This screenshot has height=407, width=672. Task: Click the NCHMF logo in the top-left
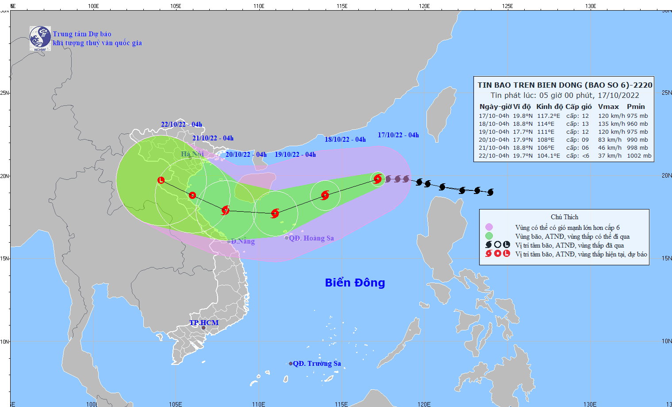click(40, 38)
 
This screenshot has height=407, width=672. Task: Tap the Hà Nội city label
click(192, 154)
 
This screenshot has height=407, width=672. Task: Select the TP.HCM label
click(204, 323)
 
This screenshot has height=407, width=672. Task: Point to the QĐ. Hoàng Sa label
click(311, 238)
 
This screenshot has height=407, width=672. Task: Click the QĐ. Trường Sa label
click(317, 364)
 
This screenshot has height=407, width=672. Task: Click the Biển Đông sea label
click(355, 283)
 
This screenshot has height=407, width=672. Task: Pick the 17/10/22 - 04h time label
click(398, 135)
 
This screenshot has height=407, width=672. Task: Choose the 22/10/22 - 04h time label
click(181, 124)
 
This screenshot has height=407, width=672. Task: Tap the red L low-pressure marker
click(161, 180)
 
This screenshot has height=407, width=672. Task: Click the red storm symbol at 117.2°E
click(377, 179)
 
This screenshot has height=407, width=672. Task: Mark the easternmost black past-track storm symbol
click(490, 192)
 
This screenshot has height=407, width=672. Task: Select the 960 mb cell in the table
click(637, 124)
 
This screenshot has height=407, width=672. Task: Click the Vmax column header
click(608, 107)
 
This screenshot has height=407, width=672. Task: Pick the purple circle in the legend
click(489, 227)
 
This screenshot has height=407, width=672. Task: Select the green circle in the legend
click(489, 236)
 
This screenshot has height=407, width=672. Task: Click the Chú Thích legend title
click(564, 217)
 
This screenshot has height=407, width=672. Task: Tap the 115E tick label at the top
click(342, 6)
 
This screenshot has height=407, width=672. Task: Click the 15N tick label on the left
click(5, 259)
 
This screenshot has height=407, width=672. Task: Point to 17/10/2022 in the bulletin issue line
click(618, 95)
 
